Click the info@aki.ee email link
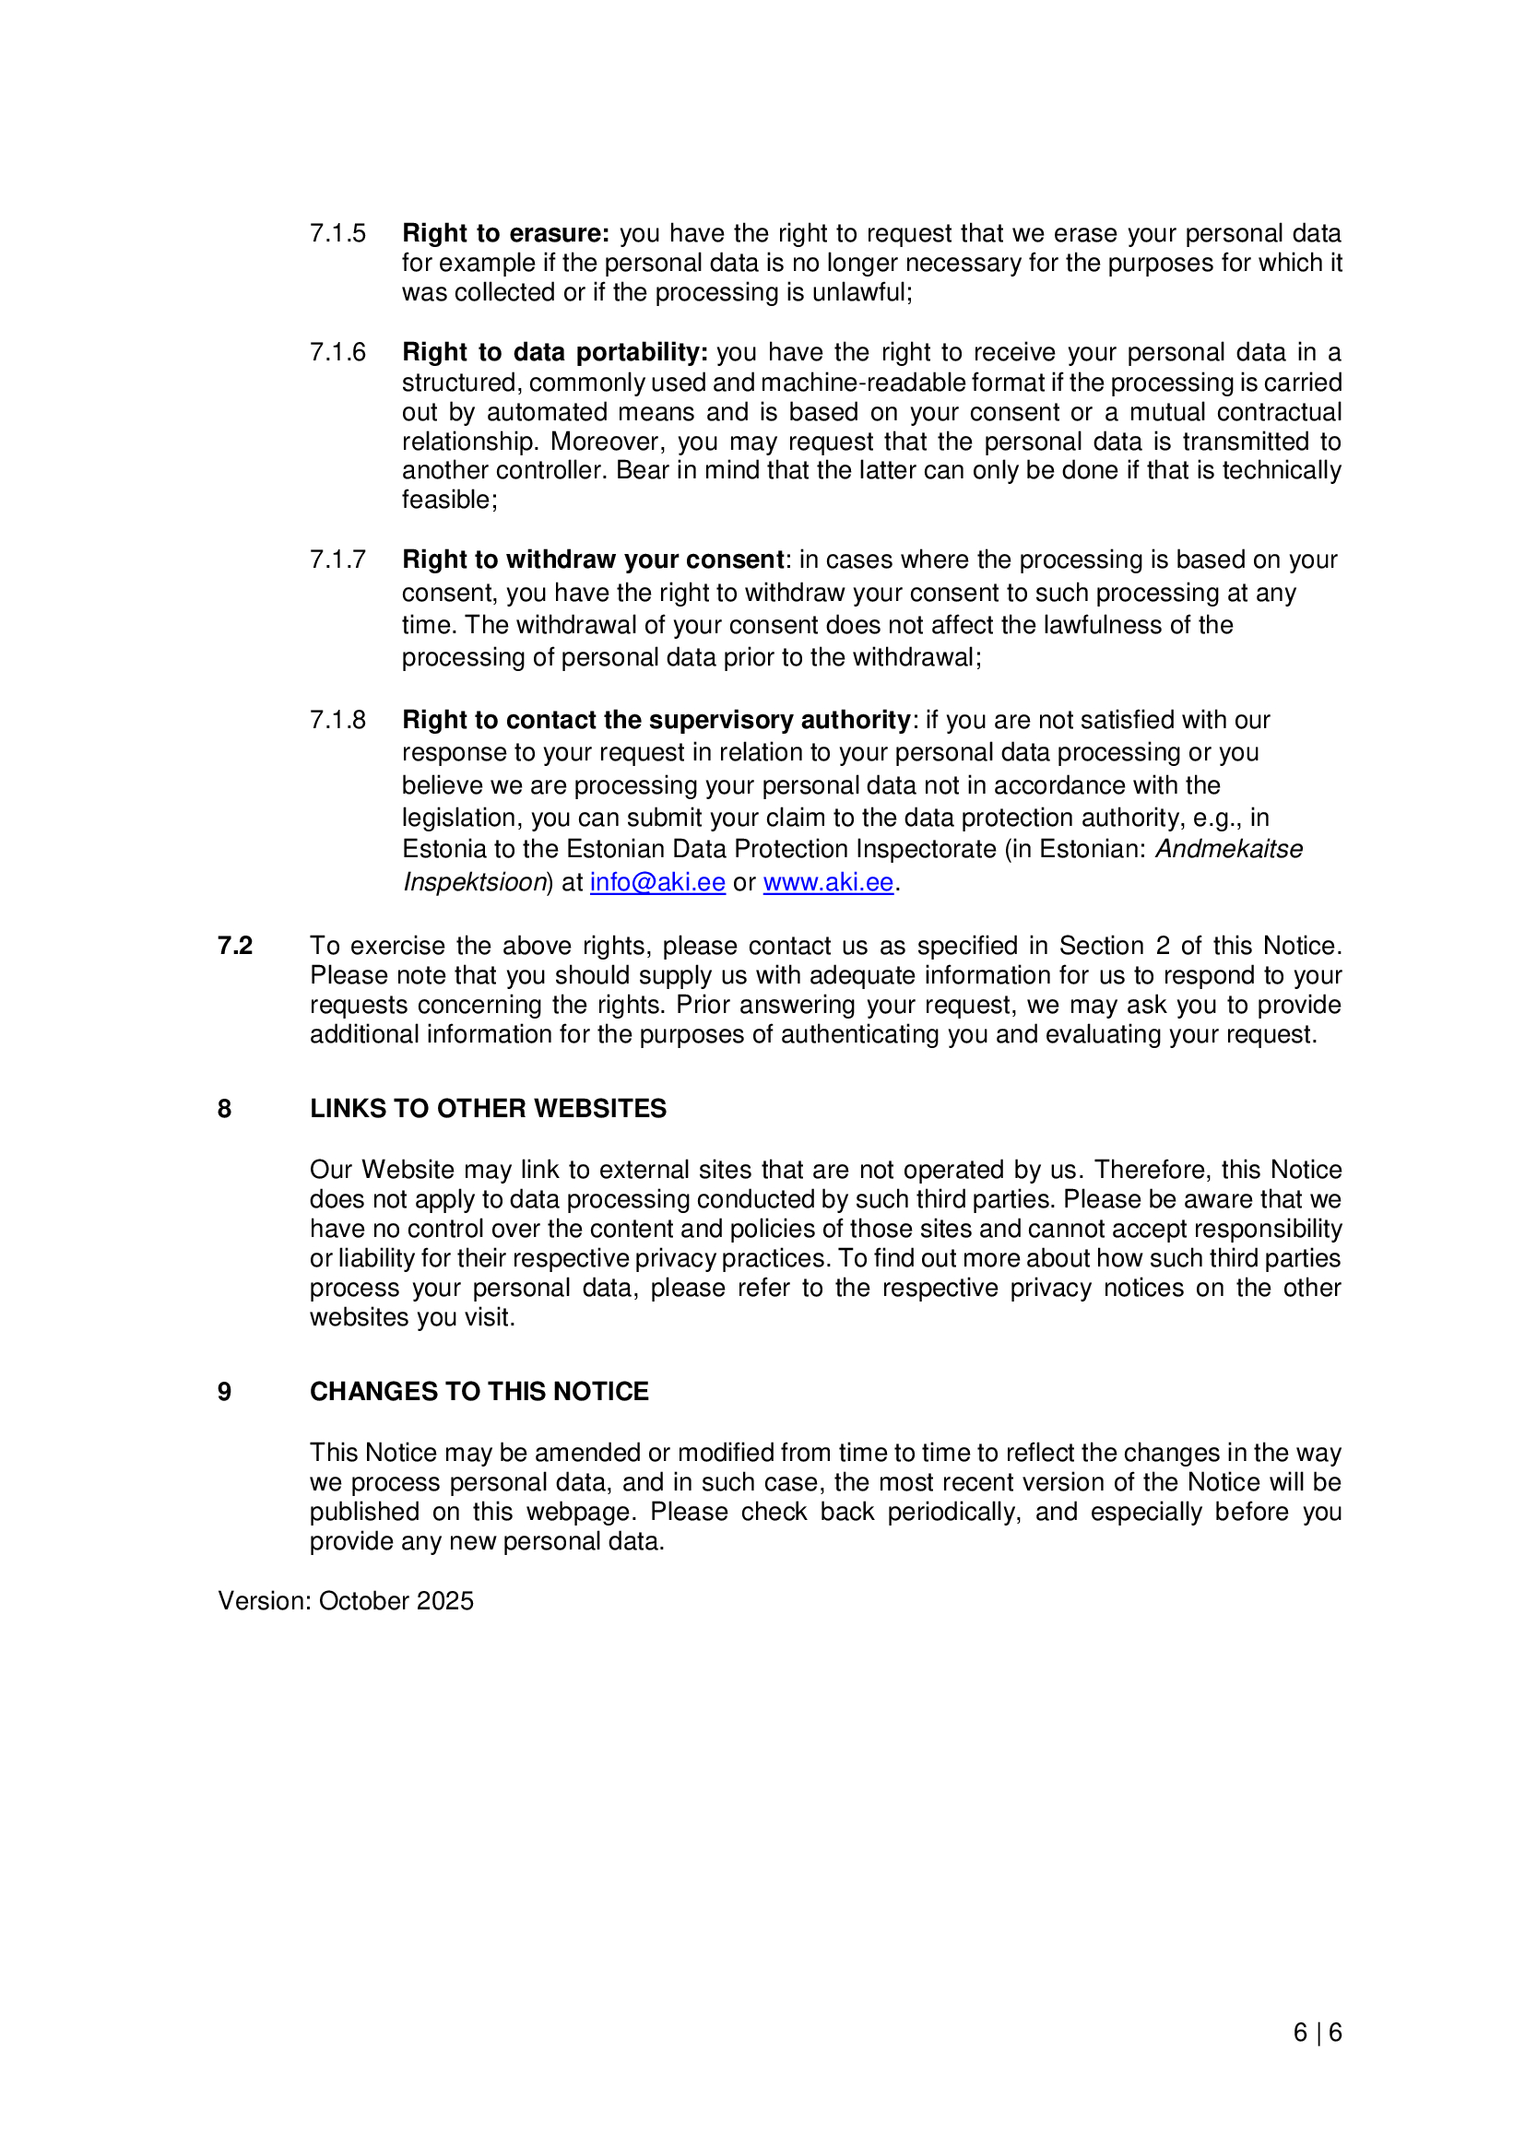click(657, 883)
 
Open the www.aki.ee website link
click(827, 883)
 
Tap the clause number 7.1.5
click(338, 233)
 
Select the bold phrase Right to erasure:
click(506, 233)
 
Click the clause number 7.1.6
click(338, 352)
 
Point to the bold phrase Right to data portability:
click(555, 352)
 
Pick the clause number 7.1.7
click(338, 560)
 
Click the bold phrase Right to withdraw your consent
click(594, 560)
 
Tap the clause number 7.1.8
click(338, 720)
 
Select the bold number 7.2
click(235, 946)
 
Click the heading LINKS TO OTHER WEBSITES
click(489, 1109)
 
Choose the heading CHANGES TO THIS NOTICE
click(479, 1392)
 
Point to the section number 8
click(224, 1109)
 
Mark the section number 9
click(224, 1392)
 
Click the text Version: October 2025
click(346, 1601)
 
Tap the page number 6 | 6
click(1318, 2033)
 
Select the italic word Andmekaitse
click(1228, 849)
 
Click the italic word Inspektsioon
click(475, 883)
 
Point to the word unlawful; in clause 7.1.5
click(862, 292)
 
